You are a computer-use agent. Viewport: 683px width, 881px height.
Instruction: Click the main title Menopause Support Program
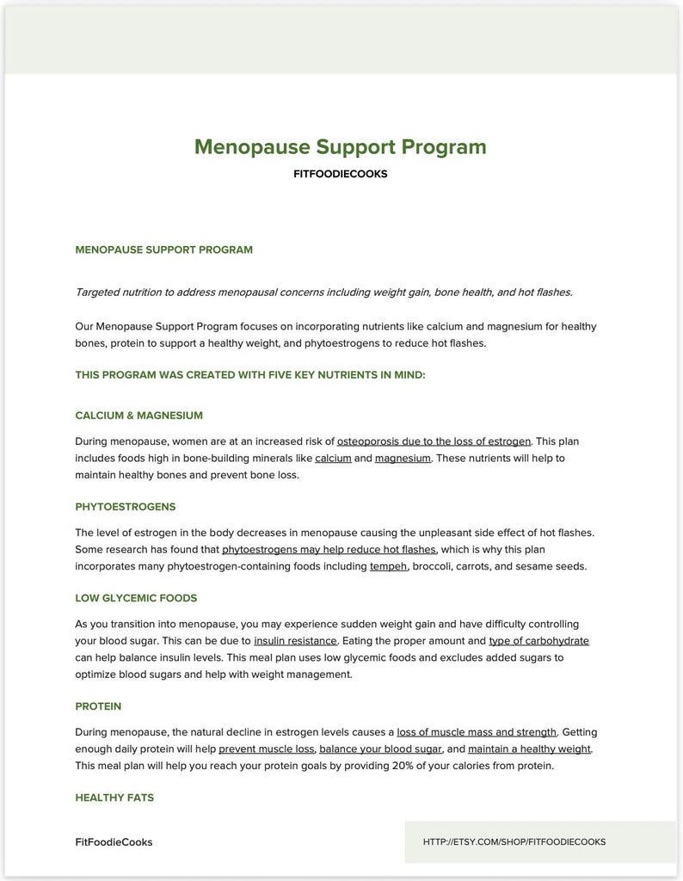[340, 146]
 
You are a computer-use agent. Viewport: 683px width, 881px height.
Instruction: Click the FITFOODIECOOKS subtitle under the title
[340, 174]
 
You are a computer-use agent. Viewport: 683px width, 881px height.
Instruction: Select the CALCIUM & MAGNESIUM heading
[138, 416]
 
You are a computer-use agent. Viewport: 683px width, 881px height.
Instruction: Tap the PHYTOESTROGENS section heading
[125, 507]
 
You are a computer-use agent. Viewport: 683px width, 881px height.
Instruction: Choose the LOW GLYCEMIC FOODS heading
[136, 598]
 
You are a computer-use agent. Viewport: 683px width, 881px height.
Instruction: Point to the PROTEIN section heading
[98, 706]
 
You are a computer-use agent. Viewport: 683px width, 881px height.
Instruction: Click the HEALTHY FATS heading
[114, 798]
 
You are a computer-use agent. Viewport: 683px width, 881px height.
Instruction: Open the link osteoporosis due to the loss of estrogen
[434, 441]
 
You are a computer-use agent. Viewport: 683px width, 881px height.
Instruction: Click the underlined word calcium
[333, 458]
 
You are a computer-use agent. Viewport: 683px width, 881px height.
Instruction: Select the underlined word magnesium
[403, 458]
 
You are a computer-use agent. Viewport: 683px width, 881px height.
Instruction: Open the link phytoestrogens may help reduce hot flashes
[329, 549]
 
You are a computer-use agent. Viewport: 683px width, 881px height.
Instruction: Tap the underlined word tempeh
[388, 566]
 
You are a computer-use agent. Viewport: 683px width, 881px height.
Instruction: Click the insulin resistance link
[295, 641]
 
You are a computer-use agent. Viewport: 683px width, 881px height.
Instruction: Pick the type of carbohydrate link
[538, 641]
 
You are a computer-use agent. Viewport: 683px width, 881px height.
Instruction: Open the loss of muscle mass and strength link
[477, 732]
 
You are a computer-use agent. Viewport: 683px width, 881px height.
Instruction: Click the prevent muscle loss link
[267, 749]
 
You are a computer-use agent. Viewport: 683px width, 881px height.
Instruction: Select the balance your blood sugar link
[380, 749]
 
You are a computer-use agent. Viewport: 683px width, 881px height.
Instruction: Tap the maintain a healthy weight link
[529, 749]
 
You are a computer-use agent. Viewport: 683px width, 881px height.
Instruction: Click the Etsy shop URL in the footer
[514, 841]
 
